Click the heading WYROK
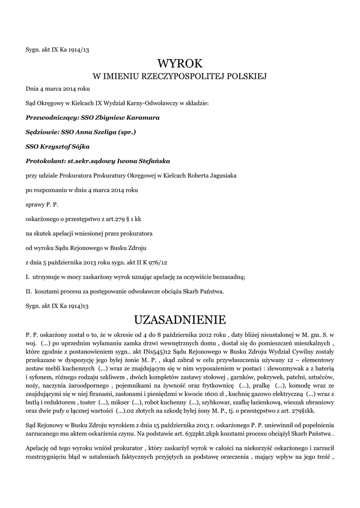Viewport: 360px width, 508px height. tap(180, 63)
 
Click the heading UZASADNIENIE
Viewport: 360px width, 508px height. tap(180, 318)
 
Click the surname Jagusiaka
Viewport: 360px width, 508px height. tap(219, 176)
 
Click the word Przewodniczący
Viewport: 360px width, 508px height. tap(51, 118)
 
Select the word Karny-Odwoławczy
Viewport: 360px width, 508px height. tap(155, 104)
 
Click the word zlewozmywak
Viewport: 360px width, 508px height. tap(287, 369)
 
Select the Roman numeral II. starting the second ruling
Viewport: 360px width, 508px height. tap(28, 291)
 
